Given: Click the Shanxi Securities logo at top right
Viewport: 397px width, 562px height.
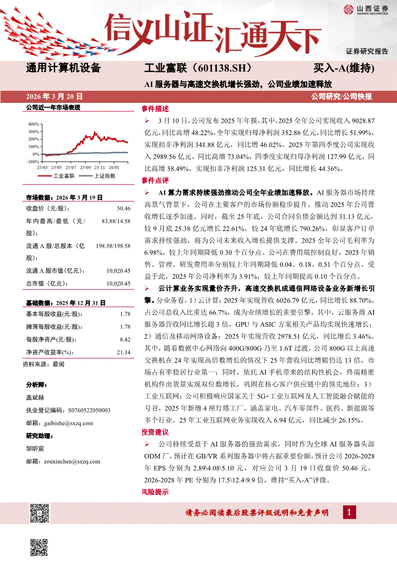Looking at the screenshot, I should [365, 9].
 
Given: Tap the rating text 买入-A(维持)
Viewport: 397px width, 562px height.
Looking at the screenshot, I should [344, 68].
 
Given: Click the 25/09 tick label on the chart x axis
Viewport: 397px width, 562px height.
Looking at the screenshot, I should [86, 167].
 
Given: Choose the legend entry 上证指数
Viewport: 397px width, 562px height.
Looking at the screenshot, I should [103, 176].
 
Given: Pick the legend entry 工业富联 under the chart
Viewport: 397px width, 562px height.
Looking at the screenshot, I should [63, 176].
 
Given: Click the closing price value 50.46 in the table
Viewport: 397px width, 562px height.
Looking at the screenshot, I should [124, 208].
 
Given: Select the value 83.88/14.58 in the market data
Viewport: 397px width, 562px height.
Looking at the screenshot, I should [116, 221].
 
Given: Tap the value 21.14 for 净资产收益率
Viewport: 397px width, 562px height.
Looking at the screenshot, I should [124, 352].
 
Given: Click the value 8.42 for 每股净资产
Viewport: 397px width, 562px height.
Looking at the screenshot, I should [125, 339].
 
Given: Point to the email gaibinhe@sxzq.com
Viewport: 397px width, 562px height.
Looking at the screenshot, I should [66, 423].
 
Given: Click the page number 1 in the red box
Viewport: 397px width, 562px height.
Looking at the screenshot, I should [349, 512].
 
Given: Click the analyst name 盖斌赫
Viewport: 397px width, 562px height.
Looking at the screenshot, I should [35, 398].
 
